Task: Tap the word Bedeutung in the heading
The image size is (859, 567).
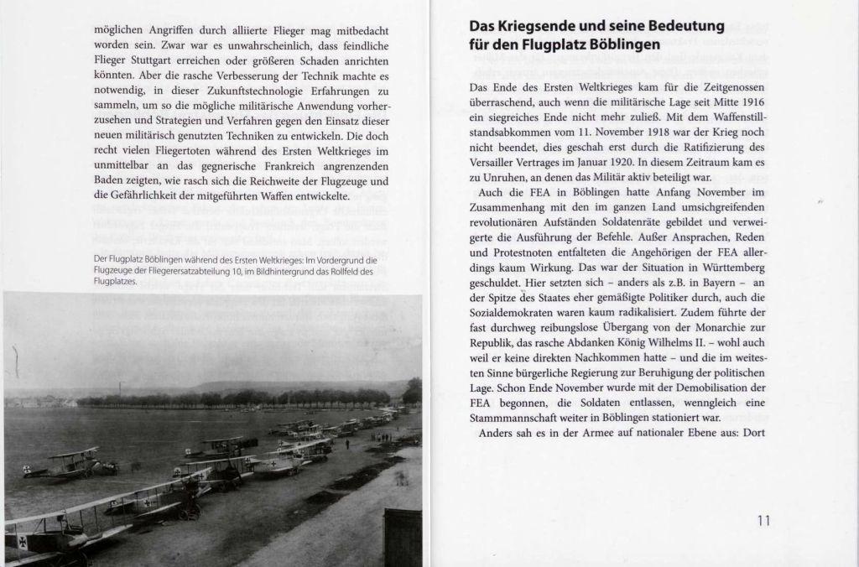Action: tap(694, 26)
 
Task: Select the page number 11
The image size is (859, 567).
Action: tap(763, 520)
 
